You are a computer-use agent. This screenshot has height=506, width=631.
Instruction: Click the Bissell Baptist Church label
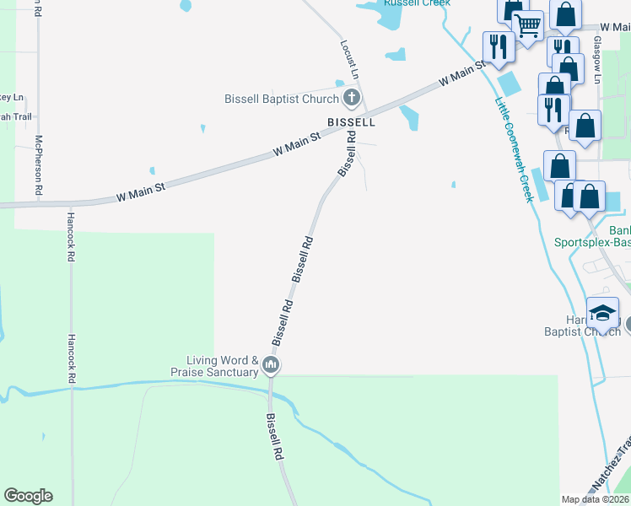pyautogui.click(x=280, y=99)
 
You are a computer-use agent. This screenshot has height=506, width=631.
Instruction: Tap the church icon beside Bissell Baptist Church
pyautogui.click(x=351, y=99)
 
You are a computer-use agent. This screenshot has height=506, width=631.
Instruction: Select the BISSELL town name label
pyautogui.click(x=351, y=121)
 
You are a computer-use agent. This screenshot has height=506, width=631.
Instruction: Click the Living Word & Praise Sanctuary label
pyautogui.click(x=214, y=366)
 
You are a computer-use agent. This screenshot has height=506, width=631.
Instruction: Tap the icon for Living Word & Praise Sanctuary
pyautogui.click(x=271, y=365)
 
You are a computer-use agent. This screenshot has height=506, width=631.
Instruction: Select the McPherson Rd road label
pyautogui.click(x=39, y=165)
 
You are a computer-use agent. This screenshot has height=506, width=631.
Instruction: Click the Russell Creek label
pyautogui.click(x=417, y=3)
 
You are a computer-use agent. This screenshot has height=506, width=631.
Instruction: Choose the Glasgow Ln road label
pyautogui.click(x=596, y=59)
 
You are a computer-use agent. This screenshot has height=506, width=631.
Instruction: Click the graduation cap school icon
pyautogui.click(x=603, y=313)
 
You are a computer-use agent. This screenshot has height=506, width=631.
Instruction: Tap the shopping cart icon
pyautogui.click(x=528, y=25)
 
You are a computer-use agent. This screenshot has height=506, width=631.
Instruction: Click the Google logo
pyautogui.click(x=29, y=496)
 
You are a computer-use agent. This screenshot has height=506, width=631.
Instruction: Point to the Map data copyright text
pyautogui.click(x=595, y=499)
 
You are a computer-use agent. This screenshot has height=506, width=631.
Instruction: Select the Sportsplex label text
pyautogui.click(x=591, y=242)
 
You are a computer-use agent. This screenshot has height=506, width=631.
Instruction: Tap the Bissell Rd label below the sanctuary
pyautogui.click(x=276, y=435)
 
